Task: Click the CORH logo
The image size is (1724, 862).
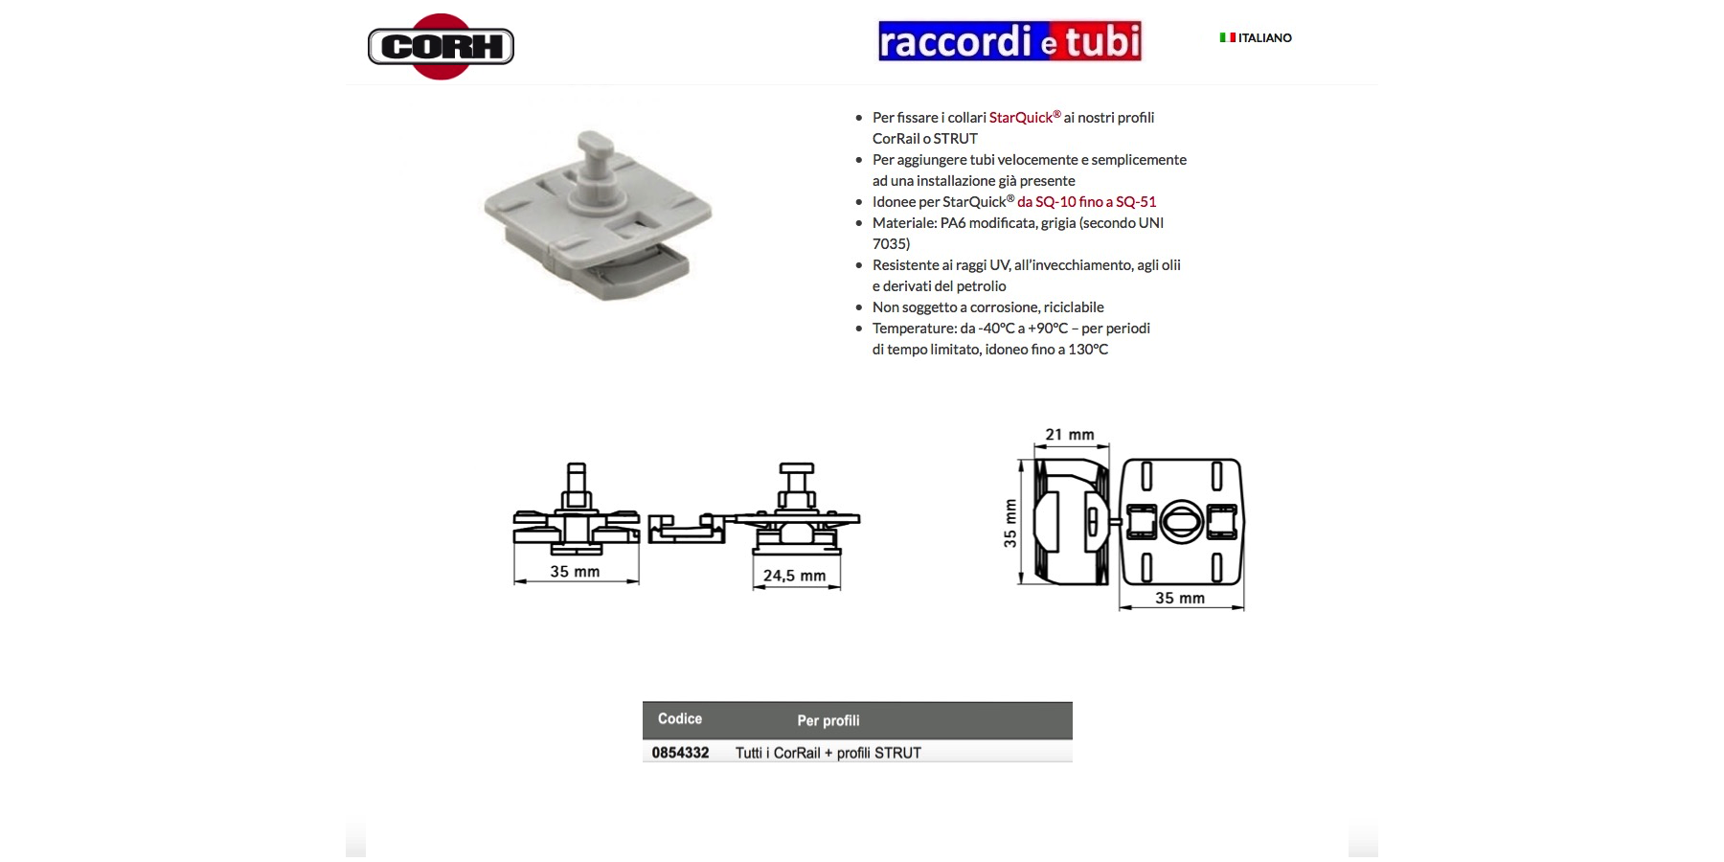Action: click(x=441, y=46)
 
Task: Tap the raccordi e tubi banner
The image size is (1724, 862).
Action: click(x=1009, y=41)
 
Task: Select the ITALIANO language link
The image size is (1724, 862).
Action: click(x=1264, y=38)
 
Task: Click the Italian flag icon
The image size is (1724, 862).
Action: click(x=1227, y=37)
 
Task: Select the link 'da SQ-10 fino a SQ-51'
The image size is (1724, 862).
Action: click(x=1087, y=202)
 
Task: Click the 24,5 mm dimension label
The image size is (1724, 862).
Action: click(x=794, y=576)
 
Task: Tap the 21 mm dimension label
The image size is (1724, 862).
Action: click(x=1070, y=435)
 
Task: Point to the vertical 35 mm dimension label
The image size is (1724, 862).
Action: click(x=1010, y=523)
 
